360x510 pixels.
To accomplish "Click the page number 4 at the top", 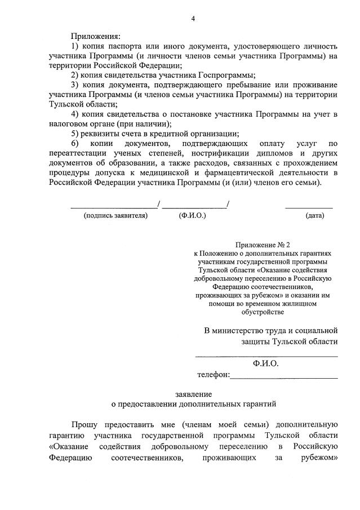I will (x=193, y=19).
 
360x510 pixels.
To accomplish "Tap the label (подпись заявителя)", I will (x=115, y=215).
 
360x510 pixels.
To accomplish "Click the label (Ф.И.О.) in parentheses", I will (x=193, y=215).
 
